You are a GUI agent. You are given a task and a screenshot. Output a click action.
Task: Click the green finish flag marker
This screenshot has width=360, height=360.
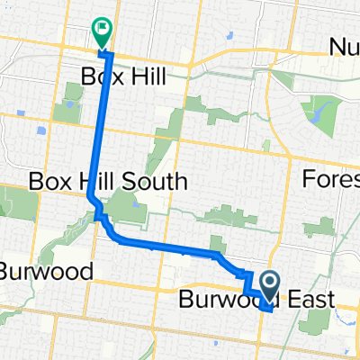point(101,32)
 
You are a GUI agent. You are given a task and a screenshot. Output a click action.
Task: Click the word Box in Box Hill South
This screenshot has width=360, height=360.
point(47,182)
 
